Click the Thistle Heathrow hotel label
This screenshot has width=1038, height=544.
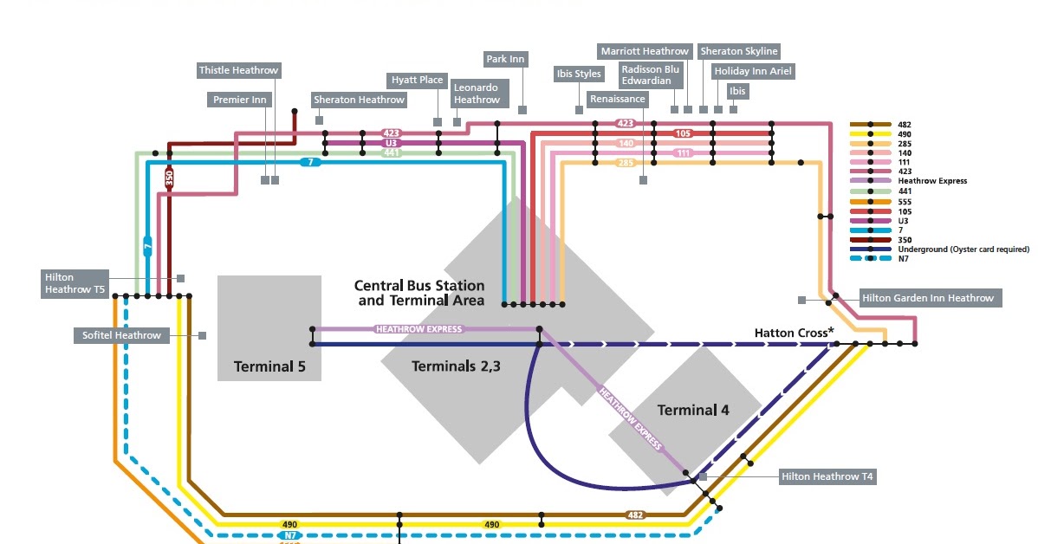pos(239,70)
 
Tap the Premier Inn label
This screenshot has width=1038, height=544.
pos(240,100)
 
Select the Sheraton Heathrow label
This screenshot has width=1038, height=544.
pos(359,100)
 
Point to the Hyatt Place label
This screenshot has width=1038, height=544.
pos(417,80)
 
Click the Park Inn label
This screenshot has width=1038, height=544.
pos(505,59)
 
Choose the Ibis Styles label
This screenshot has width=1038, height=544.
pos(579,74)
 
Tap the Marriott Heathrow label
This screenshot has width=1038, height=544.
pos(645,51)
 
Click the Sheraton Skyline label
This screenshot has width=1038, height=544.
pos(739,51)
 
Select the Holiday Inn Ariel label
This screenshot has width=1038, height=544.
pos(753,71)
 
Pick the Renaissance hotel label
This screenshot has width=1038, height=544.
pos(618,100)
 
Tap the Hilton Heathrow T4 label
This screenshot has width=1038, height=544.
pos(827,476)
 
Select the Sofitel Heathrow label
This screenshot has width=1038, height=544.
pos(122,335)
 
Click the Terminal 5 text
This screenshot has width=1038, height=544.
pos(269,366)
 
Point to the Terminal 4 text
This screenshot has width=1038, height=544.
pos(693,411)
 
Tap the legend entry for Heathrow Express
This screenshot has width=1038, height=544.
pos(932,181)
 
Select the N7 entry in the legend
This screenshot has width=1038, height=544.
pos(903,259)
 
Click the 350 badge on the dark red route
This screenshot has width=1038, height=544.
pos(170,178)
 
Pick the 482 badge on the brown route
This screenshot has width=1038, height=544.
pos(635,515)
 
